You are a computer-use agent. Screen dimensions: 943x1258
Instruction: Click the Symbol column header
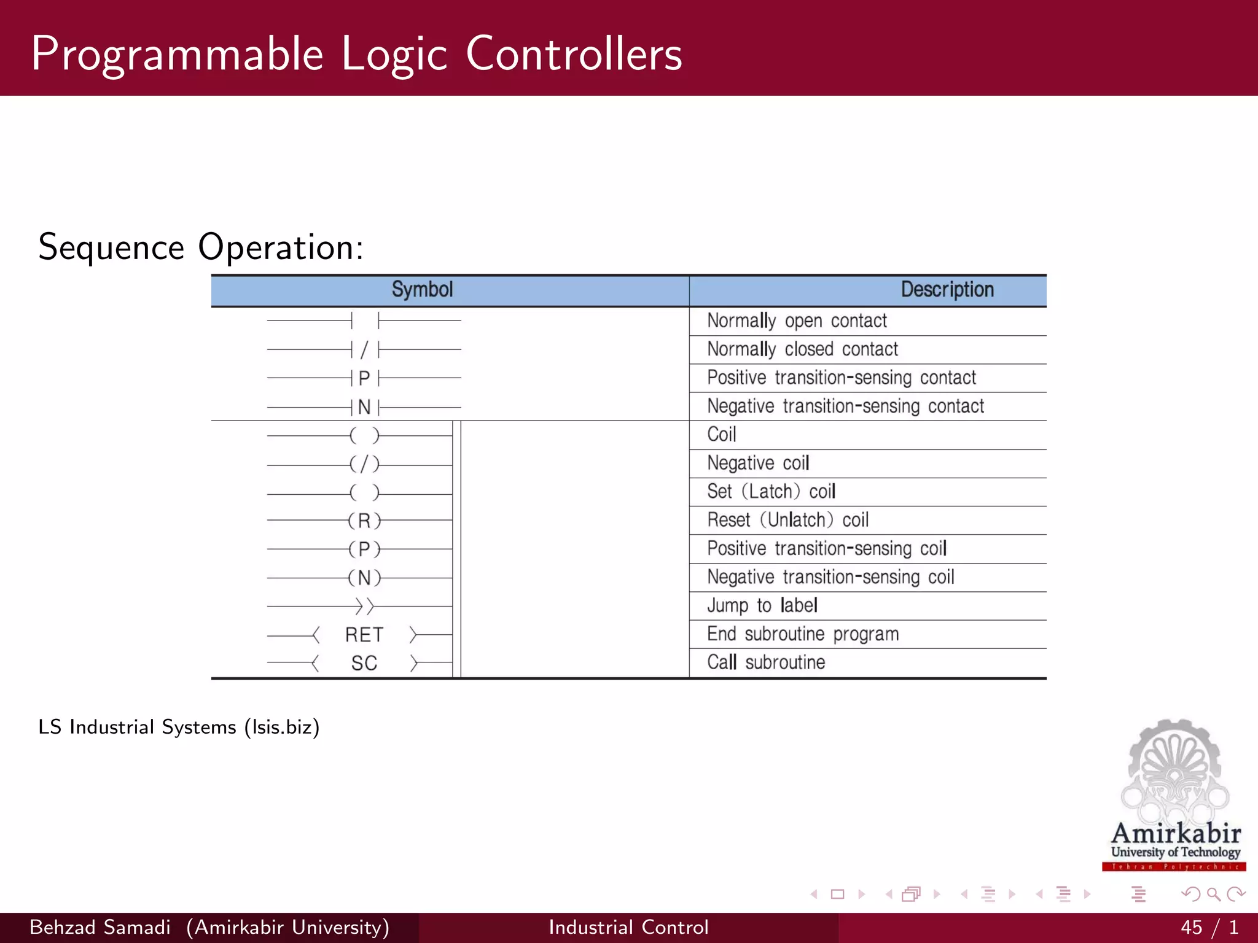click(x=422, y=290)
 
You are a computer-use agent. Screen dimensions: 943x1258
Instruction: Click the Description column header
click(x=947, y=290)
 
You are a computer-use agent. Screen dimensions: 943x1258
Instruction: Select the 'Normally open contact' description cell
click(x=797, y=320)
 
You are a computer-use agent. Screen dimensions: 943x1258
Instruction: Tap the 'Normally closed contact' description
click(x=802, y=349)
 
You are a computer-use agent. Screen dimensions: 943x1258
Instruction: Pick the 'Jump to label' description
click(x=762, y=605)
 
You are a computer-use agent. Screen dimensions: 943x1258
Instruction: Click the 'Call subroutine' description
click(x=766, y=662)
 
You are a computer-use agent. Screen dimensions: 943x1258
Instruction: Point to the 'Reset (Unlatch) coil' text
click(x=787, y=520)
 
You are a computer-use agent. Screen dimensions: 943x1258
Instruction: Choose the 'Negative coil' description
click(x=758, y=463)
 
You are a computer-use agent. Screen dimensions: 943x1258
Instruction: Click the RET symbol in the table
click(x=364, y=635)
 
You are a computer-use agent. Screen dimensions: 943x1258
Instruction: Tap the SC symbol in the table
click(x=364, y=664)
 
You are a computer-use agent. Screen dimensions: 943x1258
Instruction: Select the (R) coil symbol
click(x=364, y=521)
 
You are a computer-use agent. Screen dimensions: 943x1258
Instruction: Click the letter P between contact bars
click(x=364, y=378)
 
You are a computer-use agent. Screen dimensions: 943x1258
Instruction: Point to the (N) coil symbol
click(x=364, y=578)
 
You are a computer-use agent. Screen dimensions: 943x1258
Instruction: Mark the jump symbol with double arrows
click(x=364, y=607)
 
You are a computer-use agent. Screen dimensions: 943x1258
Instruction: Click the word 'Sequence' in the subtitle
click(x=111, y=247)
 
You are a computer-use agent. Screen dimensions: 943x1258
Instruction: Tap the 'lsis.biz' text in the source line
click(x=282, y=728)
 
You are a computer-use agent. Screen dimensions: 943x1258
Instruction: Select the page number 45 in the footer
click(x=1191, y=927)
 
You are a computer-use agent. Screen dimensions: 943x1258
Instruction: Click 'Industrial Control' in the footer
click(x=628, y=927)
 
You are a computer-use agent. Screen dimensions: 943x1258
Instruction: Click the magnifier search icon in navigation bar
click(x=1213, y=894)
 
